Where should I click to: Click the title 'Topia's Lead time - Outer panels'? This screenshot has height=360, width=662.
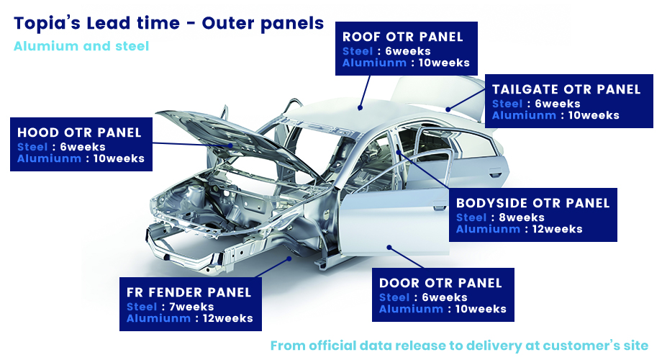(x=168, y=24)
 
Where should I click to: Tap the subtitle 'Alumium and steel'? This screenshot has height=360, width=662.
(x=81, y=46)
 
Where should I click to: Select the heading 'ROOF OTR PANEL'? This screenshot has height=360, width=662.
(x=403, y=37)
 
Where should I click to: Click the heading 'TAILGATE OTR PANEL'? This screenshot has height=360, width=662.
(x=566, y=89)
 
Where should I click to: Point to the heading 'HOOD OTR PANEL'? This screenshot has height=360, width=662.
(x=79, y=132)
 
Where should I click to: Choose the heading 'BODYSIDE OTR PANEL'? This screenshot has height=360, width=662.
(x=532, y=203)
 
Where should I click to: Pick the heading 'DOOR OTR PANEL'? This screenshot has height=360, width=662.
(x=440, y=283)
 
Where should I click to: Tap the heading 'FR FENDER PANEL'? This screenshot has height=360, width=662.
(x=189, y=292)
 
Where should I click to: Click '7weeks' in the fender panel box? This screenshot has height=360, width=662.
(x=191, y=307)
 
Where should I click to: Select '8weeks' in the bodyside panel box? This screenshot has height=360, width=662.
(x=522, y=217)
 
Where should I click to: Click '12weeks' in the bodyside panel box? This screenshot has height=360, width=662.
(x=557, y=229)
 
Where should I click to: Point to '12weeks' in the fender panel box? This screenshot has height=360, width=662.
(x=228, y=318)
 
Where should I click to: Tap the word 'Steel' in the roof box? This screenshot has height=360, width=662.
(x=358, y=51)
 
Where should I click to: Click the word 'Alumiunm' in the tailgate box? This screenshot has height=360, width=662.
(x=524, y=115)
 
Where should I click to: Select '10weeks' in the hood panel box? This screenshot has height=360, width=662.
(x=119, y=158)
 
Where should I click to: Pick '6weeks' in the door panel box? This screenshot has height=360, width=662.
(x=445, y=297)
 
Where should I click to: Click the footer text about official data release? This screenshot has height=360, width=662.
(x=459, y=346)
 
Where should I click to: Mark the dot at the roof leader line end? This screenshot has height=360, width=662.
(x=360, y=108)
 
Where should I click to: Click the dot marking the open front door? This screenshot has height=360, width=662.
(x=389, y=247)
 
